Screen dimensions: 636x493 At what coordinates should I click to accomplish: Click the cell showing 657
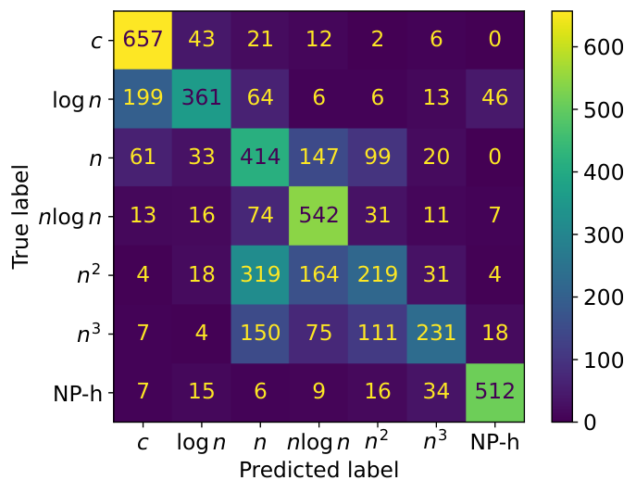click(143, 40)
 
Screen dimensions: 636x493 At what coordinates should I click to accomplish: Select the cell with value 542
click(318, 216)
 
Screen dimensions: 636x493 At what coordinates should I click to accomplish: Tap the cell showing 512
click(495, 392)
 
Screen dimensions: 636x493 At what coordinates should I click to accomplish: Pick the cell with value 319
click(260, 275)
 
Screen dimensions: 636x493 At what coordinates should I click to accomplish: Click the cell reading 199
click(143, 98)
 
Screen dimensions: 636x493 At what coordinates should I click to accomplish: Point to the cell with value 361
click(202, 98)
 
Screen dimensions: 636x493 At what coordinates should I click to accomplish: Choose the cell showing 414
click(260, 158)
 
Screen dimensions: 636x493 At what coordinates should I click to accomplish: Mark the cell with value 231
click(436, 334)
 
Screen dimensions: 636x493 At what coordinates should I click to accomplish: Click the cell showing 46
click(495, 98)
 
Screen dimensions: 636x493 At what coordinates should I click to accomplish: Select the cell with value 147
click(318, 158)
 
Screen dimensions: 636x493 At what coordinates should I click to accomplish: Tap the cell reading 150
click(260, 334)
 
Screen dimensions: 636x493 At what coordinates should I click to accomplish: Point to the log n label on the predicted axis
click(201, 442)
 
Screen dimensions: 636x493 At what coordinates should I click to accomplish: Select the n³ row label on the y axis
click(89, 333)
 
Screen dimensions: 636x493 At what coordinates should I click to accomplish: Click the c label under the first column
click(143, 443)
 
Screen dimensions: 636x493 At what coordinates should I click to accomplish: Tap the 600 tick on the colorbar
click(604, 47)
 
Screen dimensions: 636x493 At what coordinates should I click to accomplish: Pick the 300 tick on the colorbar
click(604, 235)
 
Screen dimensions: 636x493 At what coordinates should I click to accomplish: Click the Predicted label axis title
click(318, 470)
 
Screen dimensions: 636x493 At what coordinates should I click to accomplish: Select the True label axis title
click(20, 217)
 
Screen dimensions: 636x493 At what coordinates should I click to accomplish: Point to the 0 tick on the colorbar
click(590, 423)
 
